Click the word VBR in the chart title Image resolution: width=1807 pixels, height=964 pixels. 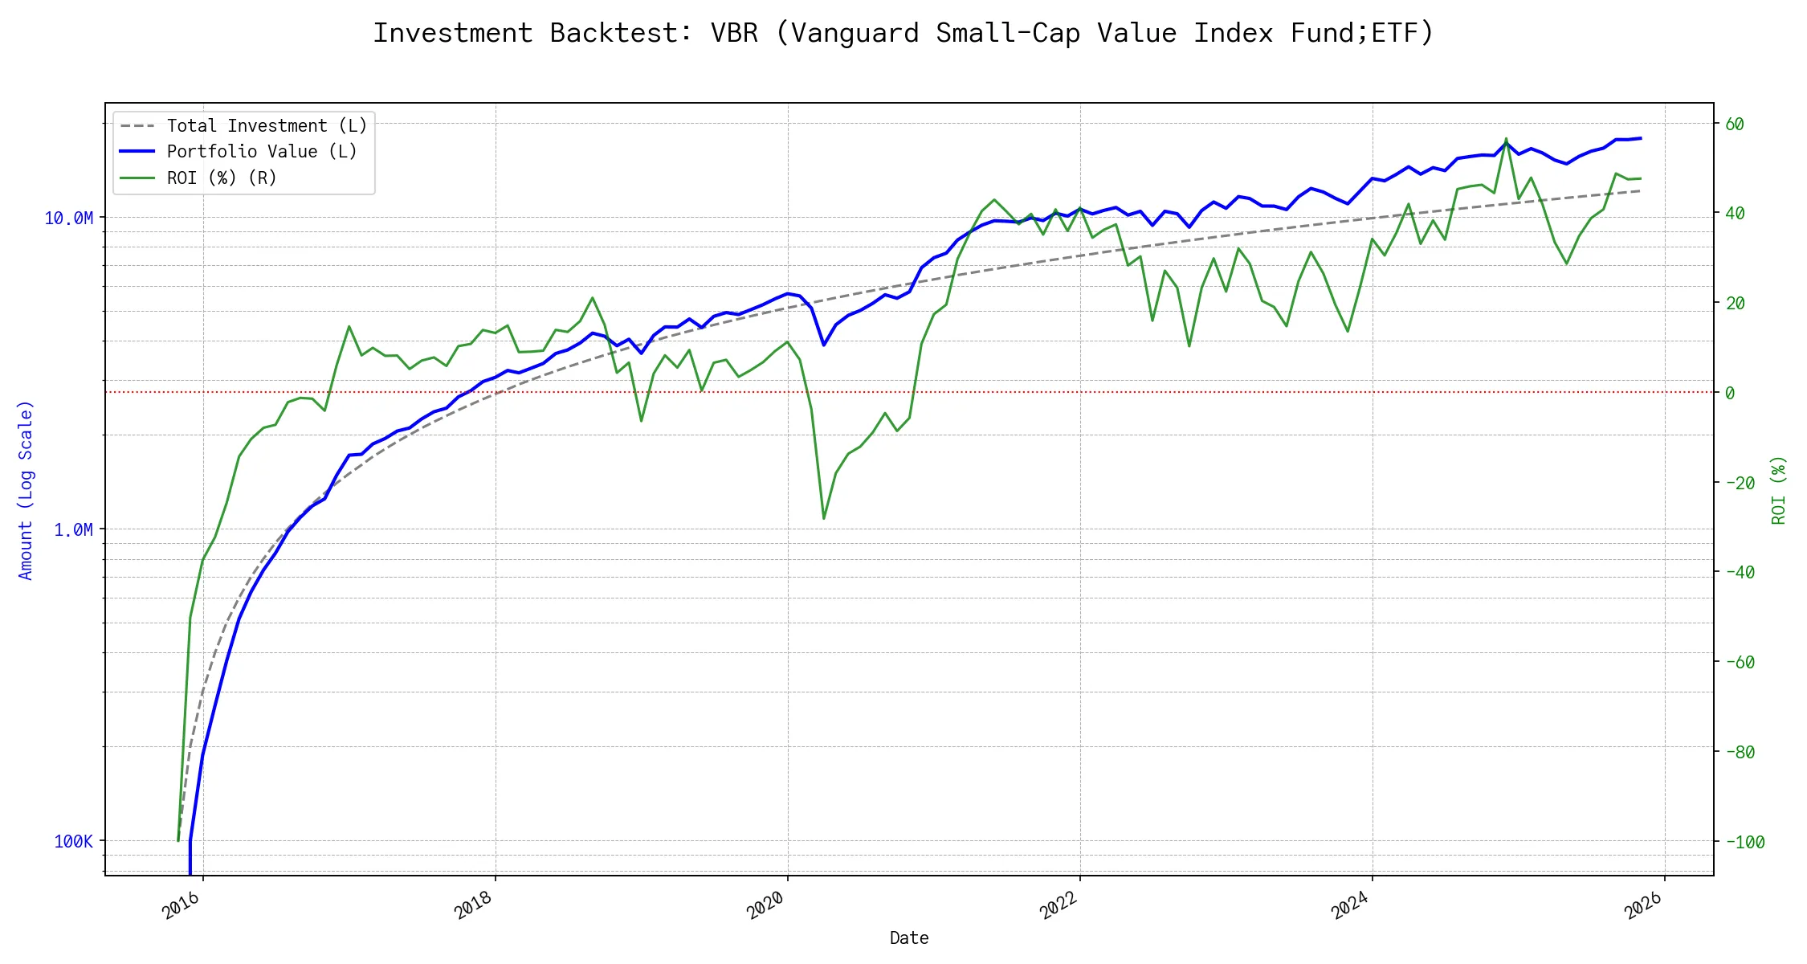pos(734,33)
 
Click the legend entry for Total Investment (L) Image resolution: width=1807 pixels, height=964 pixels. pos(266,126)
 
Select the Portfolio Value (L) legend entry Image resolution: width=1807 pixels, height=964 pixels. pos(261,152)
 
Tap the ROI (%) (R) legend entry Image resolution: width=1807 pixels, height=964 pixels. pos(221,178)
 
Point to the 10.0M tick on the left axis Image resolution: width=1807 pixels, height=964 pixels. pos(69,219)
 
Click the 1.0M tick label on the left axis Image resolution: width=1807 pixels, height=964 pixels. pos(73,530)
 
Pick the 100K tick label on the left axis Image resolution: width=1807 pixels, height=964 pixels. pos(73,842)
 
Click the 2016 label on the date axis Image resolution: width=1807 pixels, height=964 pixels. pos(182,906)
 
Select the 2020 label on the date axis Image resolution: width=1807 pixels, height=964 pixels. pos(765,906)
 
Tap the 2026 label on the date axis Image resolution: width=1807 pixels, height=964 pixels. pos(1643,906)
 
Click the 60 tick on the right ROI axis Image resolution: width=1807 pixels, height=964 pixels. pos(1735,125)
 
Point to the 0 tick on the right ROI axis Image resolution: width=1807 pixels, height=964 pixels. pos(1730,393)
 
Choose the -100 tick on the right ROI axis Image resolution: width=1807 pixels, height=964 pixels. pos(1745,842)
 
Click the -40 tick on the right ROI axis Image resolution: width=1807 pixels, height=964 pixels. pos(1740,573)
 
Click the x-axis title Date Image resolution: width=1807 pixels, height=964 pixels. pos(909,938)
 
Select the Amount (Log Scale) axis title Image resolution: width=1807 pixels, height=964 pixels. pos(26,490)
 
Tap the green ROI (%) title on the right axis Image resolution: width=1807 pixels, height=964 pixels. pos(1778,490)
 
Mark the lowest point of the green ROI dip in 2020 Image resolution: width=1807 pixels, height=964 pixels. pos(824,518)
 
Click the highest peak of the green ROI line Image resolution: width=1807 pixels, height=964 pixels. pos(1506,138)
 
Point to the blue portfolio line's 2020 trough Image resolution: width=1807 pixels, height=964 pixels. pos(824,345)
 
